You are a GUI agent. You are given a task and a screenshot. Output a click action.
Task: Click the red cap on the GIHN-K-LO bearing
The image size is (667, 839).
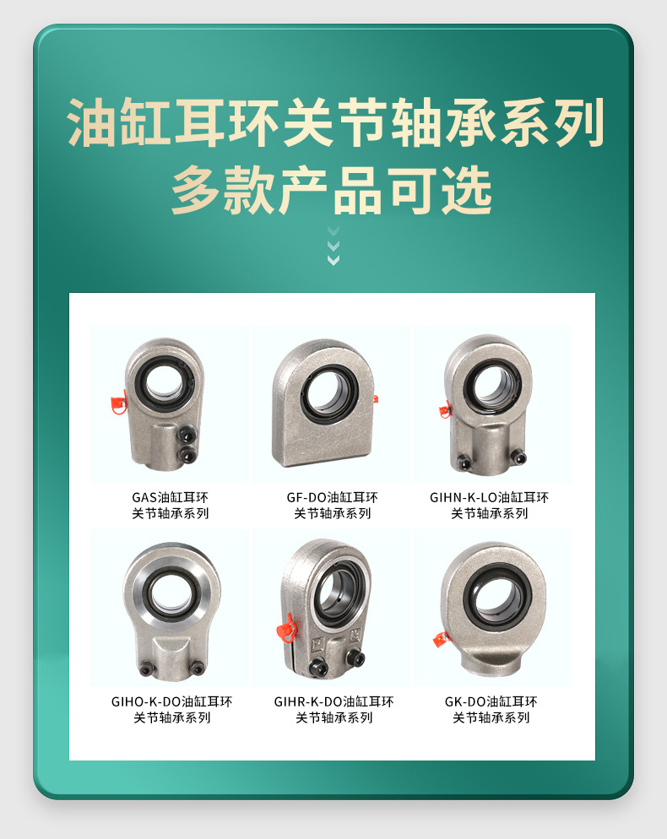coord(445,412)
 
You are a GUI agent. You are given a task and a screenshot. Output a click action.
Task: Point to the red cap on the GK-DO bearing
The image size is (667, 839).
coord(440,639)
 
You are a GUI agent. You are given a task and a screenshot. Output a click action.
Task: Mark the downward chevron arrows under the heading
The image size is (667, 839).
coord(333,246)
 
